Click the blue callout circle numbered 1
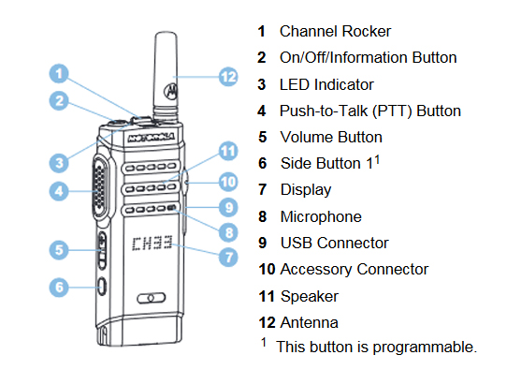59,74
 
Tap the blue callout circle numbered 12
228,77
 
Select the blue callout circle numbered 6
59,288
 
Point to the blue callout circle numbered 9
228,207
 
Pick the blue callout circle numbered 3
59,163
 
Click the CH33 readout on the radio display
152,244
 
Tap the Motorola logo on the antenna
171,91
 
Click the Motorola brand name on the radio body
152,137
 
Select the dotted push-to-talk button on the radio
100,188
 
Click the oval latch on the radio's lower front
152,298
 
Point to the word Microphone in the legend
321,216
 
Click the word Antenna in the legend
310,322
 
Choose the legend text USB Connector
334,243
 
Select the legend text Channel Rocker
335,31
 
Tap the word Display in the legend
306,190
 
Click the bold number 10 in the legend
267,269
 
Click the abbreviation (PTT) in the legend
392,111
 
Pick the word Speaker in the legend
310,297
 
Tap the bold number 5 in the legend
263,137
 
